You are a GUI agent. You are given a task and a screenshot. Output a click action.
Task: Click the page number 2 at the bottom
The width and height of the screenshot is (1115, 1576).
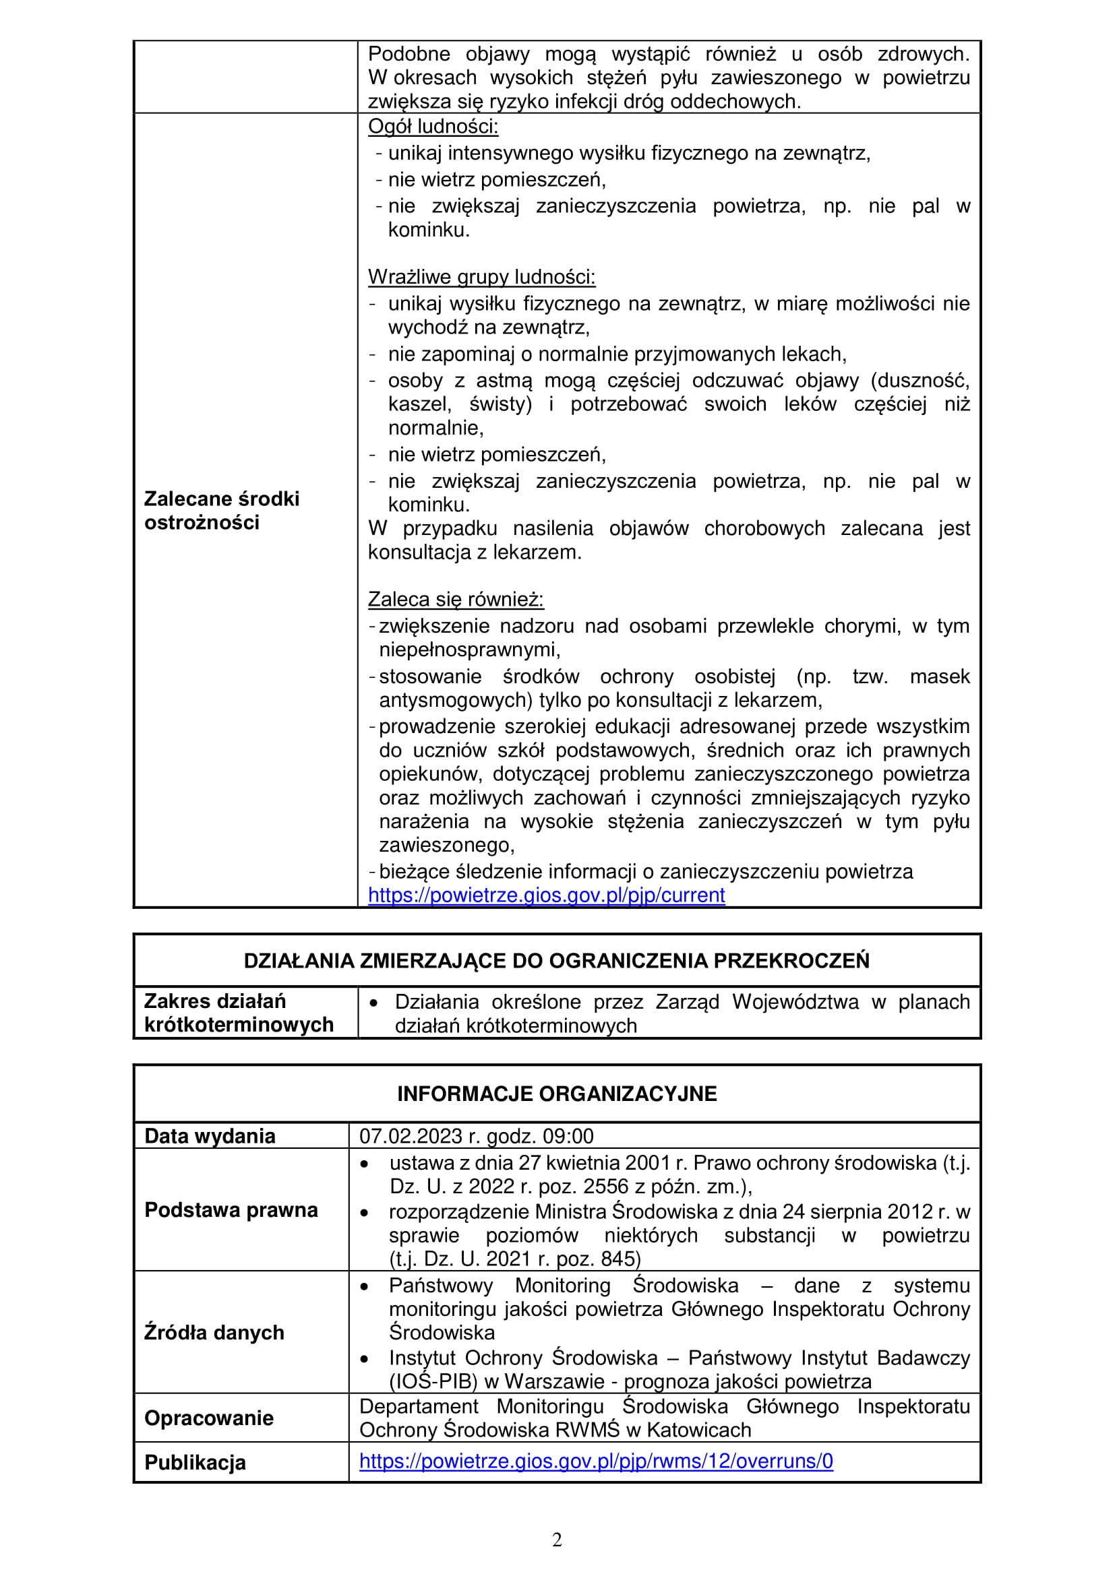tap(557, 1540)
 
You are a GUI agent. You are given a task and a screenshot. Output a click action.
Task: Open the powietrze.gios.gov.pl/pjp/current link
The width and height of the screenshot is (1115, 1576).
tap(547, 895)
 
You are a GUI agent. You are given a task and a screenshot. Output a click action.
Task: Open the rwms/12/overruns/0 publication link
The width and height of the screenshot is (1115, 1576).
tap(596, 1461)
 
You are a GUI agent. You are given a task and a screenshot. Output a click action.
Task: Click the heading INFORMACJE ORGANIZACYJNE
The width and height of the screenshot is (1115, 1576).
tap(557, 1094)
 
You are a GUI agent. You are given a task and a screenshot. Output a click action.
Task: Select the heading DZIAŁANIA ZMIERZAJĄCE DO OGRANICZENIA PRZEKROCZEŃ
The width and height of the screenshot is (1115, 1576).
tap(557, 960)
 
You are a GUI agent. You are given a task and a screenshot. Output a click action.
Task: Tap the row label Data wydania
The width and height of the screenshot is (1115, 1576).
tap(210, 1136)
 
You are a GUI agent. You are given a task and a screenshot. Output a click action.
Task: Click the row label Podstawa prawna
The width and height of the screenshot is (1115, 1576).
tap(231, 1209)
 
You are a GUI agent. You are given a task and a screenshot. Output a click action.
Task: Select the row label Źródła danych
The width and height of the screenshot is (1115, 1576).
tap(214, 1331)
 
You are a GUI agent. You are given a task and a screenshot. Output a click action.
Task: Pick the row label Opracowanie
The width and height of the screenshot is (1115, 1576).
tap(209, 1418)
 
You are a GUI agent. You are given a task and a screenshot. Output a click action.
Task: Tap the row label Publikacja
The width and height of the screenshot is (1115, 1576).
tap(195, 1462)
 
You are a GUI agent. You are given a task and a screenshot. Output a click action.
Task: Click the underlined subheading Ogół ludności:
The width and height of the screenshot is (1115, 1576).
tap(433, 126)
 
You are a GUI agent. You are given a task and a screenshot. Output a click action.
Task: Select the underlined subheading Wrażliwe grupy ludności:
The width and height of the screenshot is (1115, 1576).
tap(482, 277)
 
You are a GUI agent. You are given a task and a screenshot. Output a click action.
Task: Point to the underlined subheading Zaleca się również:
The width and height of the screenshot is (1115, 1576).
tap(456, 599)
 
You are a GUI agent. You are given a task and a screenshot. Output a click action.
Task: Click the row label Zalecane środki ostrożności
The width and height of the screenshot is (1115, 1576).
tap(222, 510)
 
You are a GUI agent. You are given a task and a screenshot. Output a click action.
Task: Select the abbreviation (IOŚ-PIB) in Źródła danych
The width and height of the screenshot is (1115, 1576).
tap(433, 1381)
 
